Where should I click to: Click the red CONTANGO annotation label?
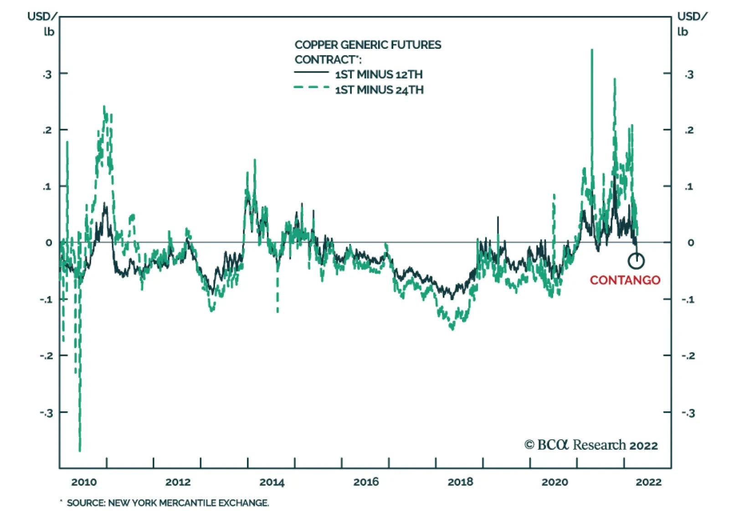pos(625,280)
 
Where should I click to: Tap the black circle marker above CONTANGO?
pos(636,261)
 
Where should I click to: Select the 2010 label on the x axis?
pos(84,482)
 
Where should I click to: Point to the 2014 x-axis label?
pos(272,482)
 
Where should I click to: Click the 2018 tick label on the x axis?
pos(460,482)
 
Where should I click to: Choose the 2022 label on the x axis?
pos(648,482)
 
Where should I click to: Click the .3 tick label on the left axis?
pos(47,74)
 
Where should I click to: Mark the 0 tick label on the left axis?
pos(49,243)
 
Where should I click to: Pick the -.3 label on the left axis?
pos(46,413)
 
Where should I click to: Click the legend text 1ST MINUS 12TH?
pos(379,74)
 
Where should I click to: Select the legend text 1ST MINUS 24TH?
pos(379,90)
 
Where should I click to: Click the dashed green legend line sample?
pos(312,87)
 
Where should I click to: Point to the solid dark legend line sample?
pos(312,72)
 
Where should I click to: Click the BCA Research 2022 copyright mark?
pos(591,445)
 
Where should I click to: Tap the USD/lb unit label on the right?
pos(692,24)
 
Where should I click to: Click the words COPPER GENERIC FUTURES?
pos(368,45)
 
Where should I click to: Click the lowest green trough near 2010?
pos(80,451)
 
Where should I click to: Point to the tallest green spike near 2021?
pos(592,50)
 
